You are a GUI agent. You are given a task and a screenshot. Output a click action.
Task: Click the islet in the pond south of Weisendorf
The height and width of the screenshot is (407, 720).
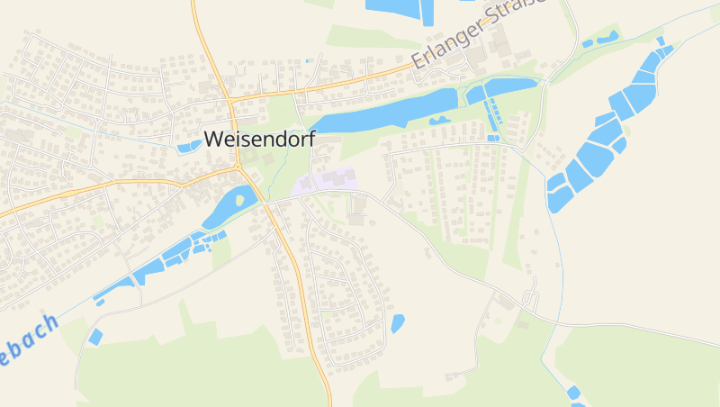point(239,201)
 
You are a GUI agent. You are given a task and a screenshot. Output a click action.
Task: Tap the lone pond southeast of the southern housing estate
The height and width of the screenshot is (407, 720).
point(398,322)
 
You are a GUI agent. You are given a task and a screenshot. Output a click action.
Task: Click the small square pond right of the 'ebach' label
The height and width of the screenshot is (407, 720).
point(95,337)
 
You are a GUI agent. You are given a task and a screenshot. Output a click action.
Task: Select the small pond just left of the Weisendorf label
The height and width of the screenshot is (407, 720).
point(189,146)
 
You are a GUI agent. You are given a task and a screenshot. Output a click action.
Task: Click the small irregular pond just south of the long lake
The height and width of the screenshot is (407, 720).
point(440,120)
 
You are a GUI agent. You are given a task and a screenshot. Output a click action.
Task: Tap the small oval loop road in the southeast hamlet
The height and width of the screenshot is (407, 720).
point(530,300)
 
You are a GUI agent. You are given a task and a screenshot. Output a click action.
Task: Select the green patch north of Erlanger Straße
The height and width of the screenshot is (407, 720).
point(360,38)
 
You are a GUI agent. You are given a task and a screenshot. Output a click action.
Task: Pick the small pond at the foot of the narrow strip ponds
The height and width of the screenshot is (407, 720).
point(492,138)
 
